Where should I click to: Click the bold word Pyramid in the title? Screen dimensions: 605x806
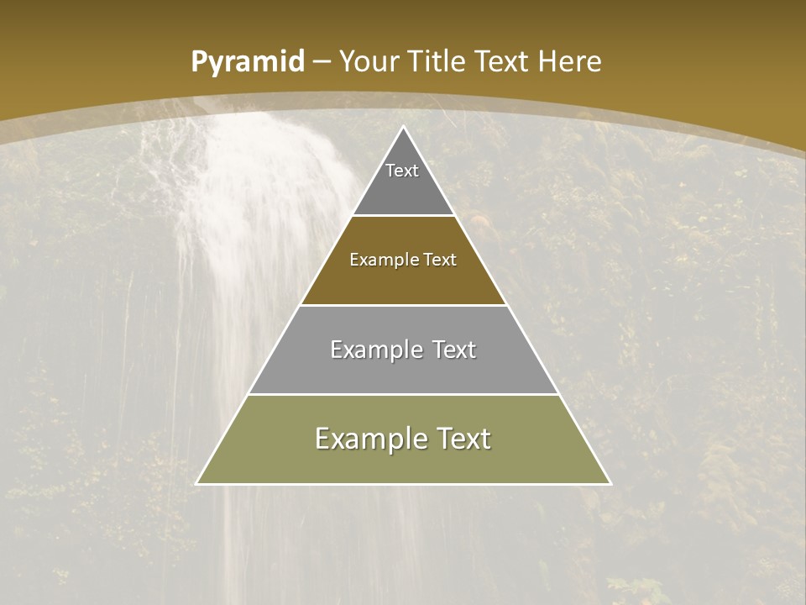coord(248,62)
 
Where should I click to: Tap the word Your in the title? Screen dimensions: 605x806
coord(369,62)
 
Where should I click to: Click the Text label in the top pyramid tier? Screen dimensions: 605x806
coord(402,171)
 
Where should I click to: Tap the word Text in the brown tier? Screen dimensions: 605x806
coord(440,260)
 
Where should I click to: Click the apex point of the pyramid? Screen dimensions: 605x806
coord(404,127)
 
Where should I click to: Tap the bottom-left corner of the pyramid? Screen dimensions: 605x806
coord(197,483)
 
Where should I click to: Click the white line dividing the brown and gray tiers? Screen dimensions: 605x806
coord(404,305)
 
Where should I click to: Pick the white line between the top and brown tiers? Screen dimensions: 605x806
coord(404,216)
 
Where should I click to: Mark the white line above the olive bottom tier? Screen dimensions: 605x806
coord(404,394)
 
